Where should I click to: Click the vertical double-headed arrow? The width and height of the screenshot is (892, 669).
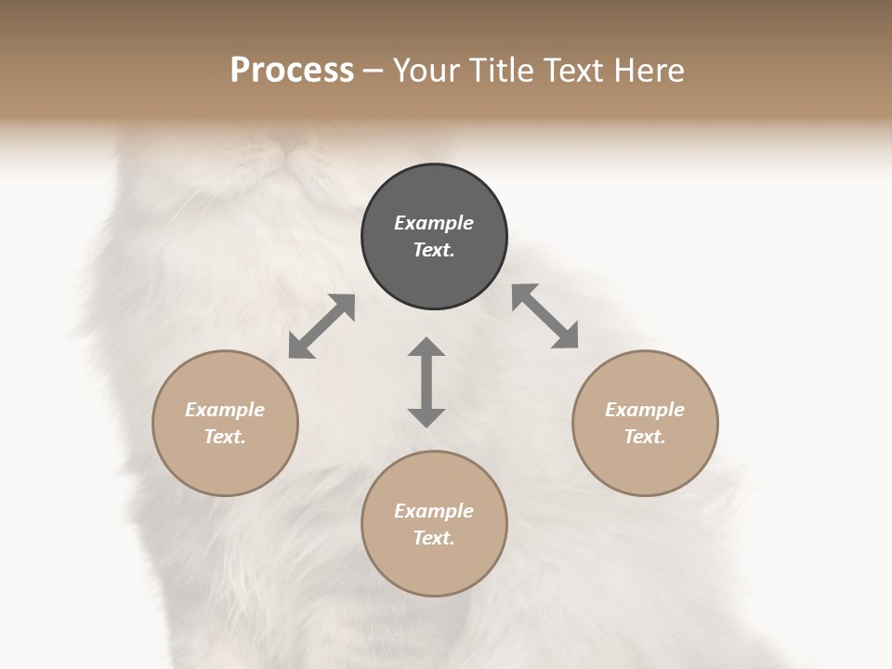(426, 382)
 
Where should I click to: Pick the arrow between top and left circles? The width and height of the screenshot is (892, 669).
(321, 326)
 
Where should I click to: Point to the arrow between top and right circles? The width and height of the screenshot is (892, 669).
(545, 316)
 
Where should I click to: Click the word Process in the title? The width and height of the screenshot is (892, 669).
(292, 70)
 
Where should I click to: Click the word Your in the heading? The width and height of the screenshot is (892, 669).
(423, 70)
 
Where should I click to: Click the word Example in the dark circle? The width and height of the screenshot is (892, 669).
(434, 223)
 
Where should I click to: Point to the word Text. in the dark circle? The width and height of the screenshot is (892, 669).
(434, 250)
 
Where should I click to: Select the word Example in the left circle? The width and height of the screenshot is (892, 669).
(225, 410)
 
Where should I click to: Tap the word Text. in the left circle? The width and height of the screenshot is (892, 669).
(225, 437)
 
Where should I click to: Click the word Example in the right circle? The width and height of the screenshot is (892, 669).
(645, 410)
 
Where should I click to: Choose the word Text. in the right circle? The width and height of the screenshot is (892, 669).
(645, 437)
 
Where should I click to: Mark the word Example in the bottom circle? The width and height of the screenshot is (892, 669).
(434, 511)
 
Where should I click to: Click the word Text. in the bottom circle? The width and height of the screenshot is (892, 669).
(434, 538)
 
